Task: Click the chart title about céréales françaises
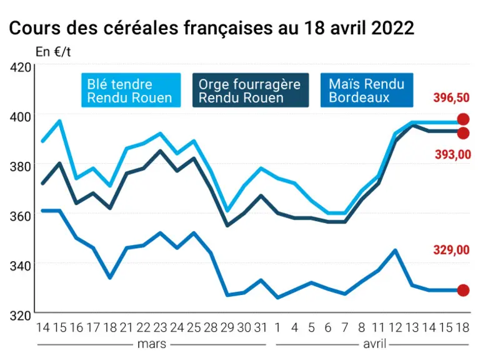212,28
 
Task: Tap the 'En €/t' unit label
53,52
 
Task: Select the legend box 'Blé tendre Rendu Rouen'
131,90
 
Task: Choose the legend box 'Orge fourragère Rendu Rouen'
251,90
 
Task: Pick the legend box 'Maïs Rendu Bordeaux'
367,90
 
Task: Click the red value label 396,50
452,98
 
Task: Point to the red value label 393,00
453,154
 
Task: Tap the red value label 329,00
452,250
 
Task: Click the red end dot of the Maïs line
464,290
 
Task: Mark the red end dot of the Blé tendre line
464,119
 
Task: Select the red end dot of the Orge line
464,133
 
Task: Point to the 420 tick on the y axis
21,67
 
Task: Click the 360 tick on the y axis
21,216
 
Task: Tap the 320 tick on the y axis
21,316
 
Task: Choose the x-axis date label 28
211,327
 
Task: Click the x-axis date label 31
261,327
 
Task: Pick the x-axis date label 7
345,327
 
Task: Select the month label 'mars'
152,344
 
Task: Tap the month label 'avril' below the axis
375,344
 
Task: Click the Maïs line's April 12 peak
396,250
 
